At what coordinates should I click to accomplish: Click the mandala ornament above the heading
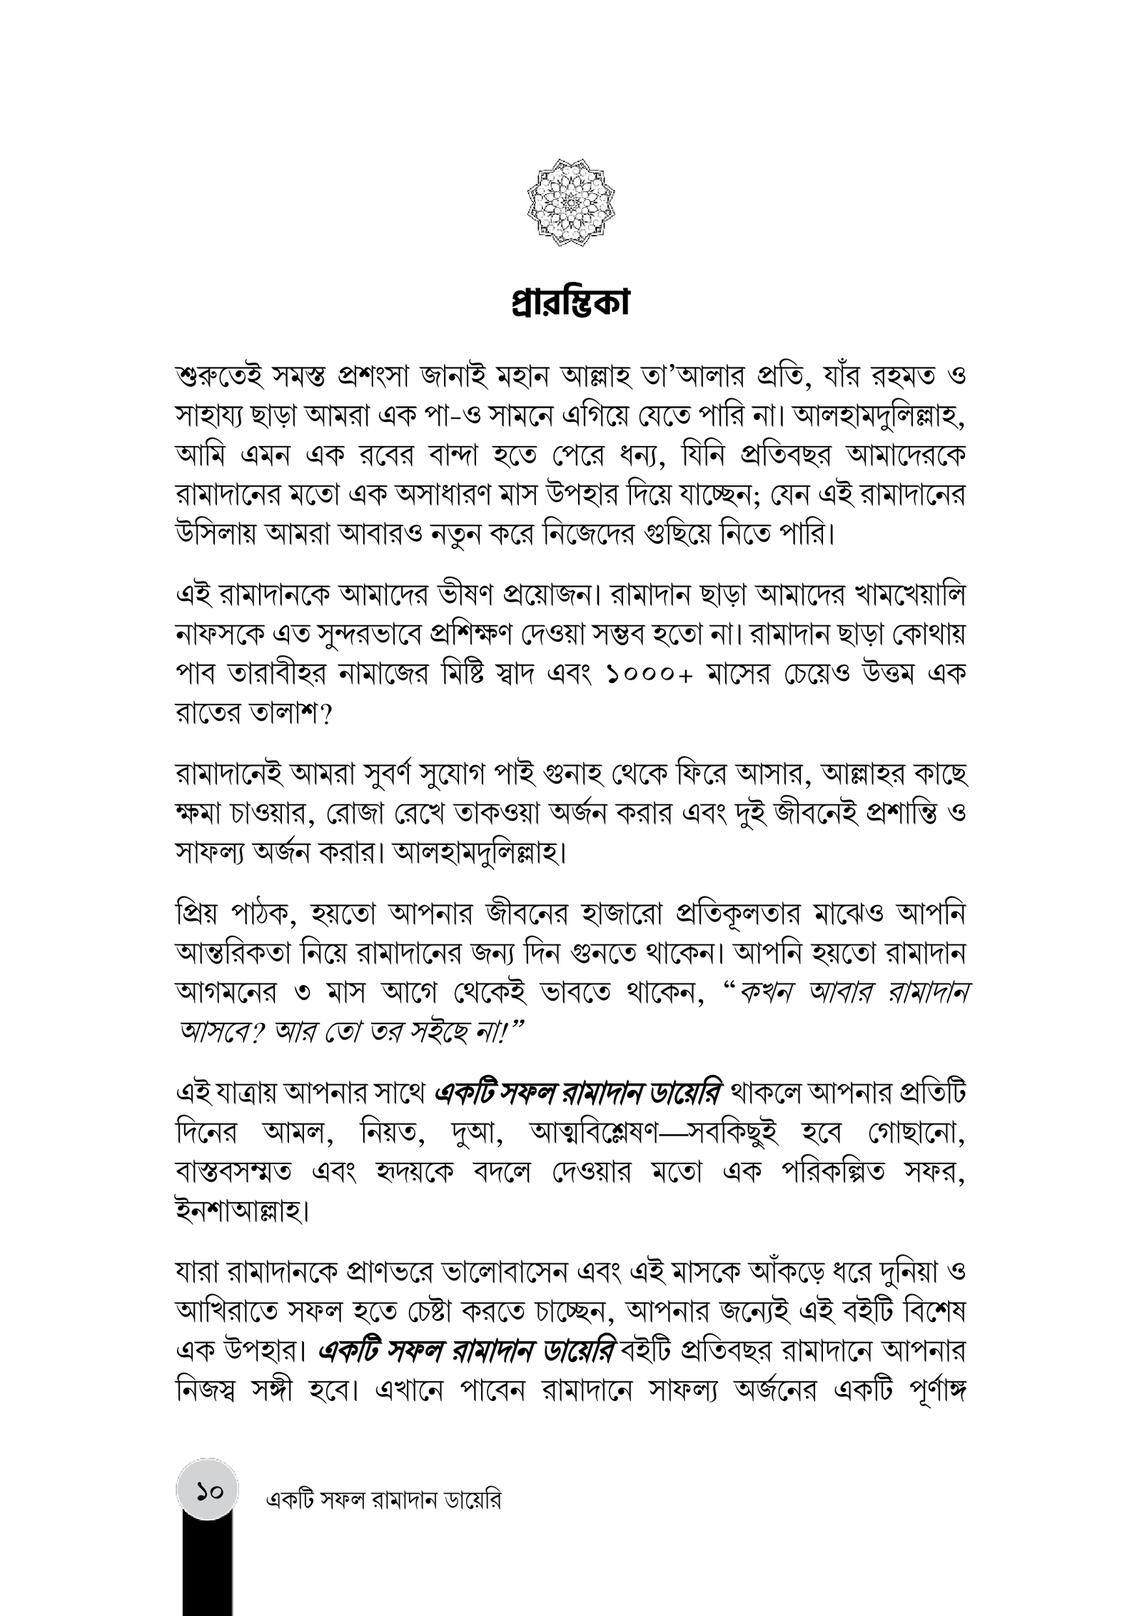coord(571,203)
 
